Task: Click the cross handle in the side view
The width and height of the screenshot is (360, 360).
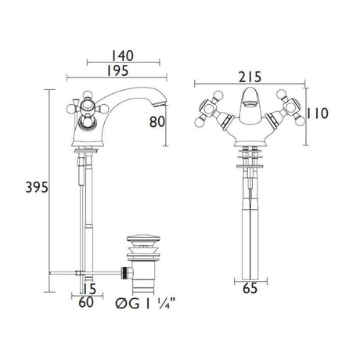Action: [83, 104]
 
